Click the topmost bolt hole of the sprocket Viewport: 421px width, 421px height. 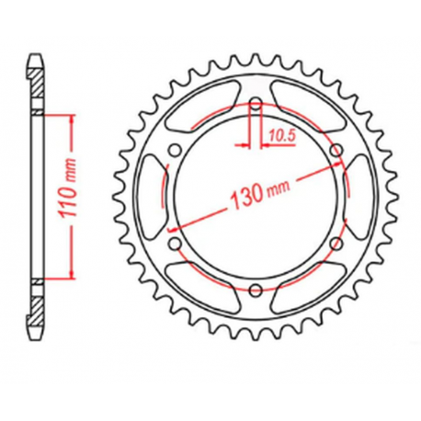[x=254, y=103]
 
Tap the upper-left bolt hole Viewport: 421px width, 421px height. [x=173, y=150]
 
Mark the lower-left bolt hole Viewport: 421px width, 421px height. [x=173, y=244]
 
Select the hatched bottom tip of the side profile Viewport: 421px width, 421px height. [x=35, y=322]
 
